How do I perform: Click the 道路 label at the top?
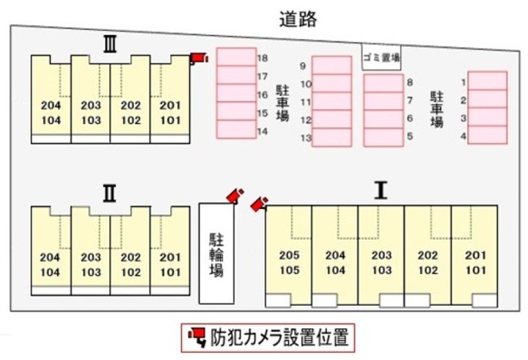click(298, 19)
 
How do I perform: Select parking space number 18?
click(235, 57)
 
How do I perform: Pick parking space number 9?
click(331, 66)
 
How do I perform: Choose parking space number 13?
click(331, 137)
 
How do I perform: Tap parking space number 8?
click(384, 82)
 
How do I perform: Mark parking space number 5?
click(384, 136)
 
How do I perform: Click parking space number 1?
click(487, 81)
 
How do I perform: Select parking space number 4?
click(487, 135)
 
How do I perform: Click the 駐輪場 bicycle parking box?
click(217, 253)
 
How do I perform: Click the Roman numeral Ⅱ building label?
click(109, 193)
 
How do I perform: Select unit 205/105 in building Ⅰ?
click(288, 262)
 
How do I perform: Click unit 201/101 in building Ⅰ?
click(473, 262)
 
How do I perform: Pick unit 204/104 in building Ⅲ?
click(51, 111)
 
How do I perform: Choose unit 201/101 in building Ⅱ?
click(169, 264)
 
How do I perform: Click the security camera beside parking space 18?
click(198, 58)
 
